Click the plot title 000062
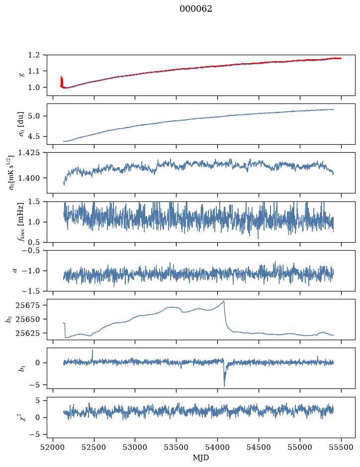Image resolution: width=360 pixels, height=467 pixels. [195, 9]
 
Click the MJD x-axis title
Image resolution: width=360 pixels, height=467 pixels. [201, 458]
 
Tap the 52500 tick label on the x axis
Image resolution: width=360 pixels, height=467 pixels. [94, 447]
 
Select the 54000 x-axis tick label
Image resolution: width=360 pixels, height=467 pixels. [217, 447]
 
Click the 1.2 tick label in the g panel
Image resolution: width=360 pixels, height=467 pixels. [34, 55]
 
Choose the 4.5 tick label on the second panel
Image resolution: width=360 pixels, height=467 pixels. [34, 136]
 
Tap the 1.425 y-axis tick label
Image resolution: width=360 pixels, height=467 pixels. [29, 153]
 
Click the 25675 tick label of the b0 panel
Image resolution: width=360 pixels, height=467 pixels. [28, 305]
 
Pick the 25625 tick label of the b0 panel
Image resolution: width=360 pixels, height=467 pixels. [28, 333]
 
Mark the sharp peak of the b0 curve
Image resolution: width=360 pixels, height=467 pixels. [224, 301]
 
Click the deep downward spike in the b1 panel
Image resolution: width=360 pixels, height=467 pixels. [224, 386]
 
